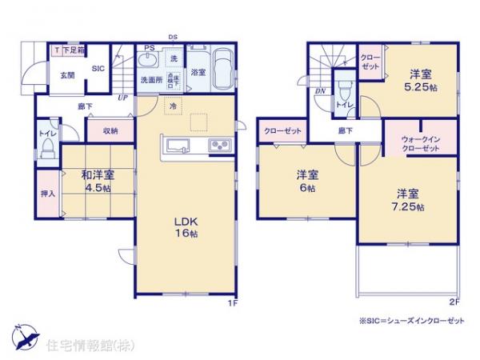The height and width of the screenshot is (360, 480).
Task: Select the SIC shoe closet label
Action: point(98,69)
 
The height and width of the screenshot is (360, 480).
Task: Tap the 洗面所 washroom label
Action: point(152,80)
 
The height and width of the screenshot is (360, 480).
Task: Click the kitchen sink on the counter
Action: point(178,145)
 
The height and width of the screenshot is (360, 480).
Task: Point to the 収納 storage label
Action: point(110,130)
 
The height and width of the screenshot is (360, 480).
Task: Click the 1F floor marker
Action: point(231,302)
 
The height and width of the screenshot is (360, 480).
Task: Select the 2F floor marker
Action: point(453,302)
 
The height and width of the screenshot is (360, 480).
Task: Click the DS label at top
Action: point(172,37)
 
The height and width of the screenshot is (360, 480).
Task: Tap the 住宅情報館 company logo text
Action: point(84,345)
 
